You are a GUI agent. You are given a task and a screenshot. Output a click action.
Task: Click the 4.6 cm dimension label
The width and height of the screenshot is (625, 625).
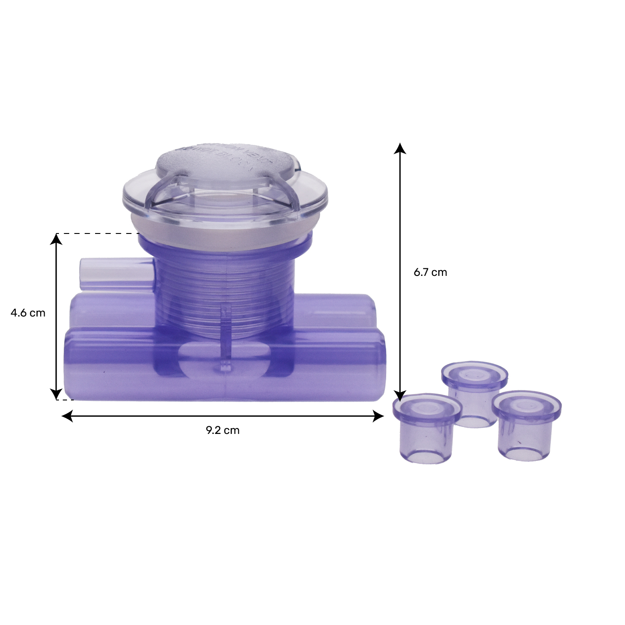click(x=28, y=313)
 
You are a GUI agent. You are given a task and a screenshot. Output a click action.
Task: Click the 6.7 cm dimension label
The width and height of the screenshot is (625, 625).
click(x=430, y=272)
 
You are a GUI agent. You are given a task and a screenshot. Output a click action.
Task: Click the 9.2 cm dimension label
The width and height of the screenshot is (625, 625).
click(x=222, y=430)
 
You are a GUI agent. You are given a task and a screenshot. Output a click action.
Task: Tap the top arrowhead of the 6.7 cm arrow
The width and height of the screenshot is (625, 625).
click(x=400, y=149)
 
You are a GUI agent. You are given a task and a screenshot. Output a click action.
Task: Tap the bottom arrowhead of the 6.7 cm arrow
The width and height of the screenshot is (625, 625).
click(x=400, y=396)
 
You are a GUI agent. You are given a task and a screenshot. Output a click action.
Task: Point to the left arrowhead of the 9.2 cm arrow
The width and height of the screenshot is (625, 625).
click(x=67, y=417)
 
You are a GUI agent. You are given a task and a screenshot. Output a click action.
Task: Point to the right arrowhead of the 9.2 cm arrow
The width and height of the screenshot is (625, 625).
click(x=378, y=417)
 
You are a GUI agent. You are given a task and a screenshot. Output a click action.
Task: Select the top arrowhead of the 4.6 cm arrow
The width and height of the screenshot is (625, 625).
click(x=56, y=239)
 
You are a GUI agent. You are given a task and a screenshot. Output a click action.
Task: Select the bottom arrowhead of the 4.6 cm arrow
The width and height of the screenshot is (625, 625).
click(x=56, y=394)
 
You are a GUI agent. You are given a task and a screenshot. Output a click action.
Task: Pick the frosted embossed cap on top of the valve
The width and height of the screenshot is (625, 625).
click(x=225, y=166)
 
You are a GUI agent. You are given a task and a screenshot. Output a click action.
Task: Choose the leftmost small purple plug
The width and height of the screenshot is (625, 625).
click(x=426, y=429)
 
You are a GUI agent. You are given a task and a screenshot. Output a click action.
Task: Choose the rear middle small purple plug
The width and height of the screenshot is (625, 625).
click(x=474, y=393)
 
